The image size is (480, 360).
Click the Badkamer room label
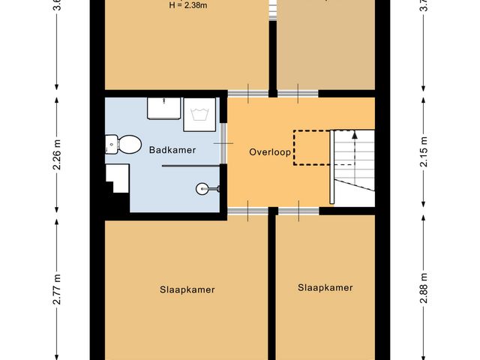(x=172, y=150)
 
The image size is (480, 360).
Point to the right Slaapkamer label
(x=325, y=287)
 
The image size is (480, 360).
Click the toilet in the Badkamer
(x=124, y=142)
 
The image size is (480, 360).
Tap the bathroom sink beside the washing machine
(x=163, y=109)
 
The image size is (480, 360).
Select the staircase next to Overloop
(x=352, y=166)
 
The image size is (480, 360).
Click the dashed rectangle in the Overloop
(x=310, y=147)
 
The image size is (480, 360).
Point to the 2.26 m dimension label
(x=57, y=156)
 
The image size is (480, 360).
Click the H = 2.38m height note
(x=189, y=6)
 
